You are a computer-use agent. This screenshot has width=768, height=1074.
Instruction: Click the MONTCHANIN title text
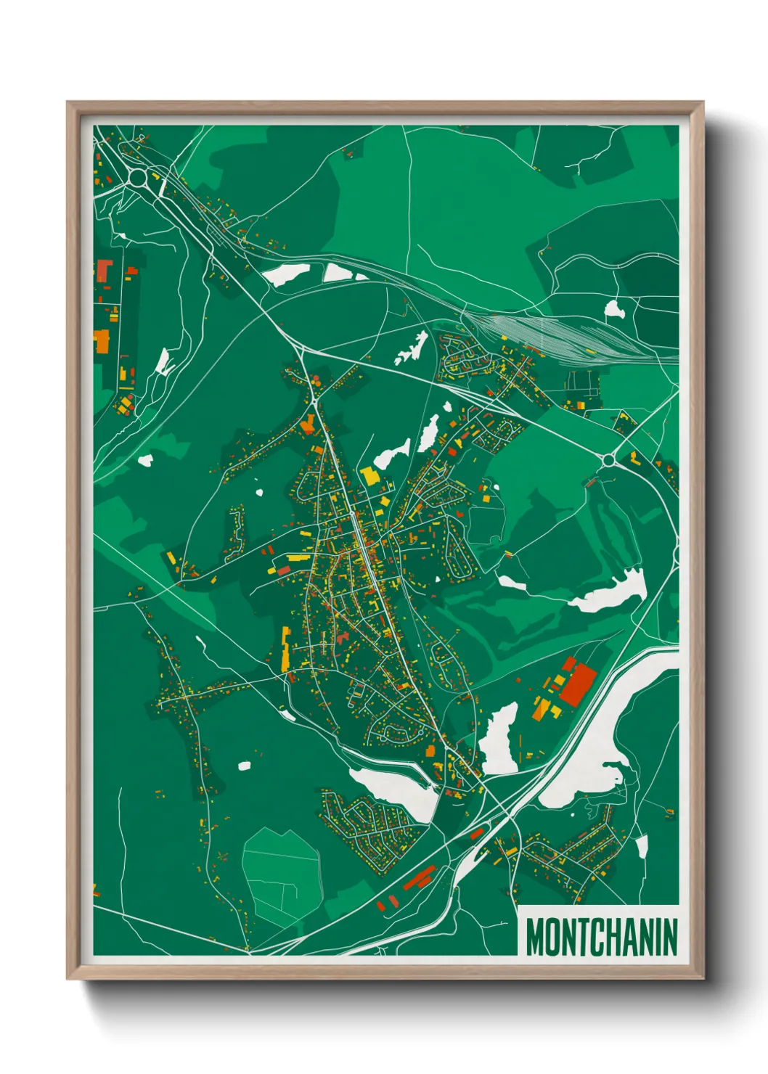600,937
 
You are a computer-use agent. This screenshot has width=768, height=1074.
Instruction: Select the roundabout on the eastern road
608,459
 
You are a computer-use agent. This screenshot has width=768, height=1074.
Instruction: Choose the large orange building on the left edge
102,341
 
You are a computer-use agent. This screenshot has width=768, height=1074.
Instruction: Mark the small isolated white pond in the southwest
244,765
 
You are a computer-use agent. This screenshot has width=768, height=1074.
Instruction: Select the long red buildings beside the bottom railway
419,878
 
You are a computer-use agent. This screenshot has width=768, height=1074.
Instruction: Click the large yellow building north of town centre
370,476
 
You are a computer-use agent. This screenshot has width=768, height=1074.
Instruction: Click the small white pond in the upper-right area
614,310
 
